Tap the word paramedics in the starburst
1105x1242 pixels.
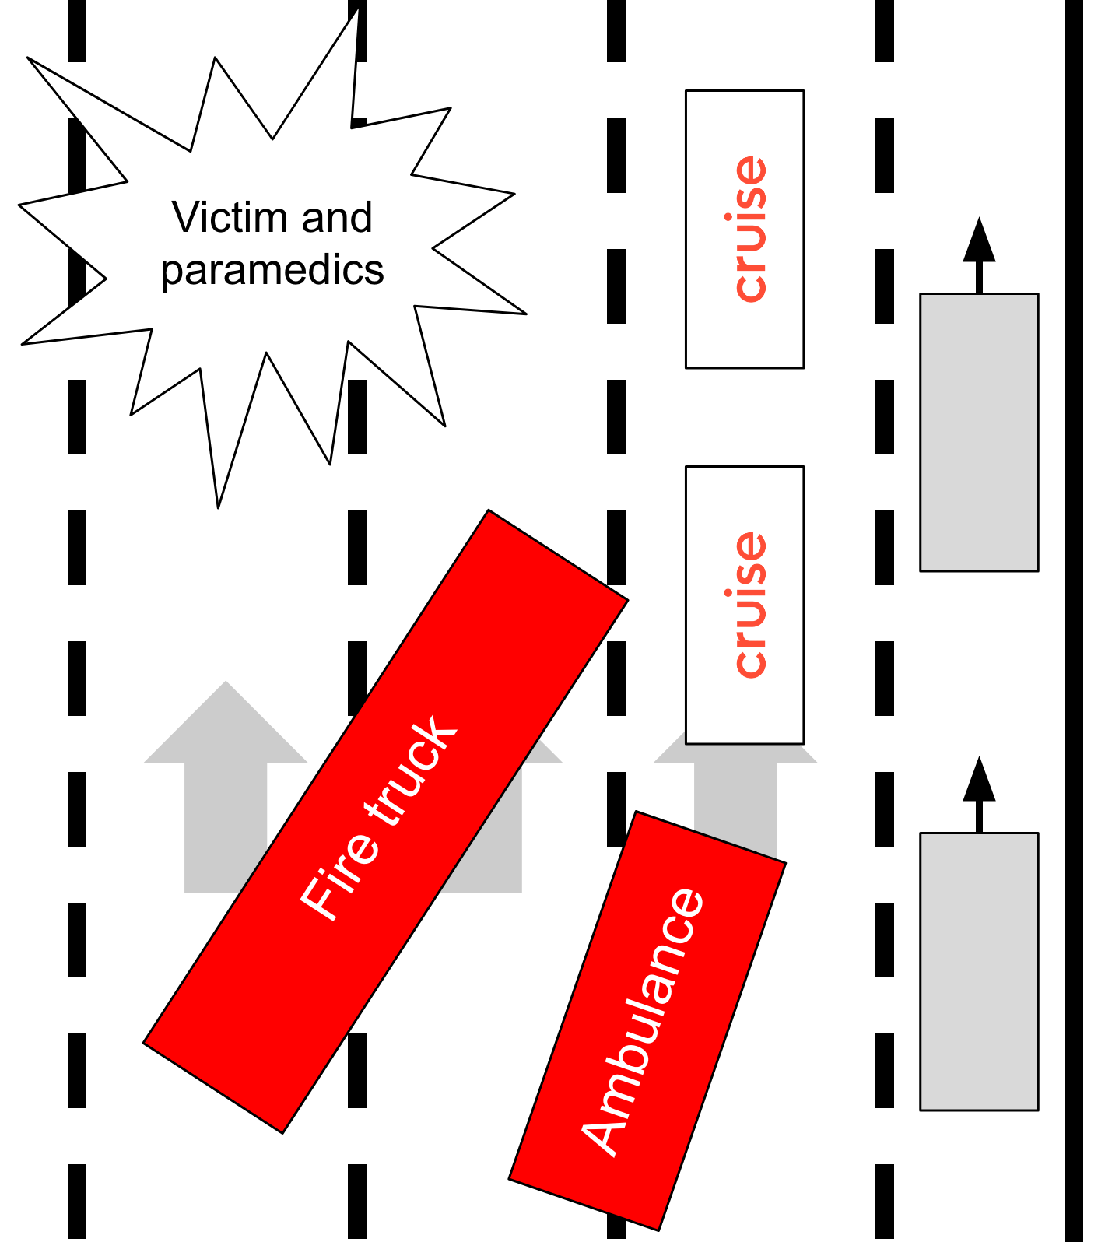(272, 270)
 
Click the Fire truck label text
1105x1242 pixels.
(379, 818)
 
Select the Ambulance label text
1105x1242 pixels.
(643, 1021)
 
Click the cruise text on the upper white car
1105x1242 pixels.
(750, 229)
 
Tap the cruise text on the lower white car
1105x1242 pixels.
(750, 605)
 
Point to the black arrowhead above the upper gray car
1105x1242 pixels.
(979, 241)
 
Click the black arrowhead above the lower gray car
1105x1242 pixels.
(979, 780)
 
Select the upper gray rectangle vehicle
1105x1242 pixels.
(979, 433)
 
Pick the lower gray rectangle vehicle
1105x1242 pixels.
(979, 971)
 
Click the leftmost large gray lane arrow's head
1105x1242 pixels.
(226, 724)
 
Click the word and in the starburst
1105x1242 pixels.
(337, 217)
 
